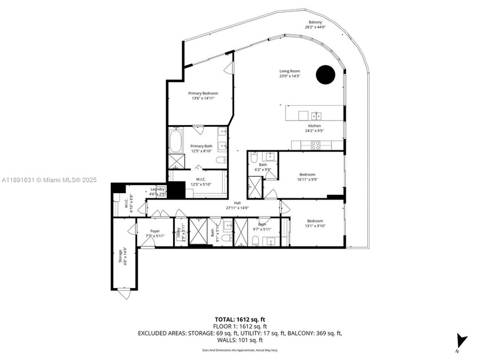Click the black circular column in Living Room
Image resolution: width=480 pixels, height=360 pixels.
click(326, 74)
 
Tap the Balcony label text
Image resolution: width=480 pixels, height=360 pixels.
click(315, 23)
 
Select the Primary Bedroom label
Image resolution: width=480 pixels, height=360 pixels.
click(203, 93)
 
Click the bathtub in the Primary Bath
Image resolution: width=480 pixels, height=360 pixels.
click(175, 141)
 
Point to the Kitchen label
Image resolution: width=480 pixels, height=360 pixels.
click(314, 126)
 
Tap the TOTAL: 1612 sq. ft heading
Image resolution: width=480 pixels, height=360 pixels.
click(239, 319)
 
